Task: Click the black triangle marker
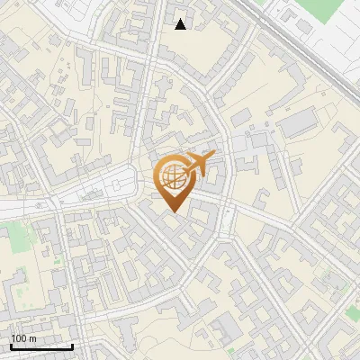181,24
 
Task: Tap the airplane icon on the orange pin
199,163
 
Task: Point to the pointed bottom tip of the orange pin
174,212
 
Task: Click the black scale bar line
41,347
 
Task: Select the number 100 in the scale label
19,338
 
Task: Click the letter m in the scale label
32,338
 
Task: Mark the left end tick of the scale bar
11,346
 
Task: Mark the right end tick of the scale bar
72,346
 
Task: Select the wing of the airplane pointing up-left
192,155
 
